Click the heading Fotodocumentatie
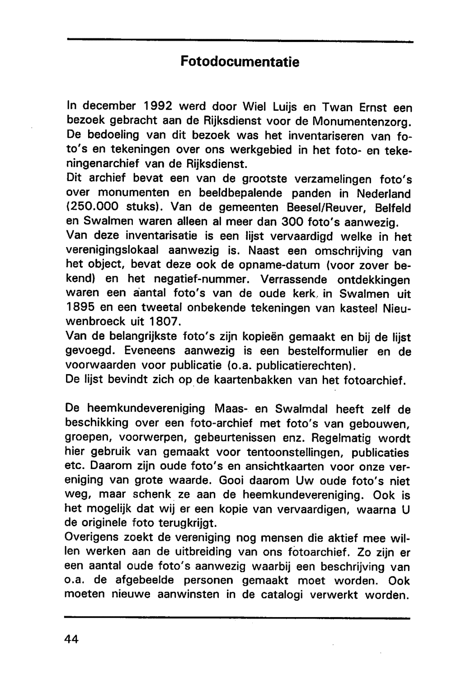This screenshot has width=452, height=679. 240,61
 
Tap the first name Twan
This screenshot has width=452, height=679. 335,107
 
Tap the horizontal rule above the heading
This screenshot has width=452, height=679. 240,41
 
